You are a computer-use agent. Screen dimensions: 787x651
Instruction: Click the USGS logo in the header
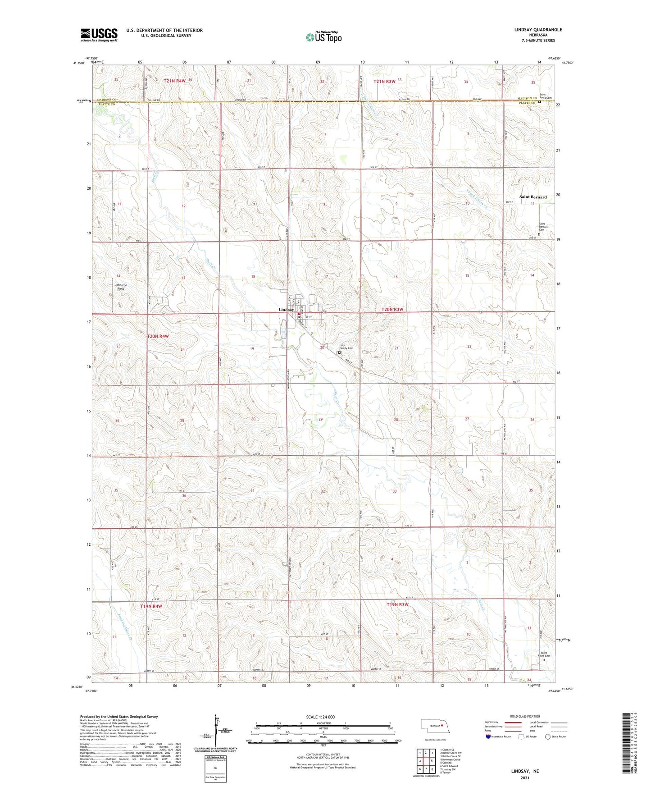click(x=99, y=35)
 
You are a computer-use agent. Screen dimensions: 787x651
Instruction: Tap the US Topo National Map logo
click(x=323, y=37)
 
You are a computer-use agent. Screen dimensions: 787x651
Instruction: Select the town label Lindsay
click(x=286, y=310)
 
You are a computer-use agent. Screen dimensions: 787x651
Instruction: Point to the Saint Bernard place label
click(x=533, y=197)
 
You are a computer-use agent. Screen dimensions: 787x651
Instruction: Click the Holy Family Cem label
click(x=346, y=347)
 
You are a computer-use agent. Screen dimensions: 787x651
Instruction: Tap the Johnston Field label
click(x=121, y=287)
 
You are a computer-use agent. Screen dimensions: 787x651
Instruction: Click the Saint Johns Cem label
click(x=545, y=654)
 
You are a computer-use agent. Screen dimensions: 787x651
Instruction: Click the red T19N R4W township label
click(x=151, y=606)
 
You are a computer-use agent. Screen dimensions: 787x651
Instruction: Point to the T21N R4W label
click(x=174, y=81)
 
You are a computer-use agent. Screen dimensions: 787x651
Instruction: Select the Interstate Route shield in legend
click(x=488, y=737)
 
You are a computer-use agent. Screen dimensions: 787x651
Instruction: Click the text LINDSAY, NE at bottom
click(x=525, y=771)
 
